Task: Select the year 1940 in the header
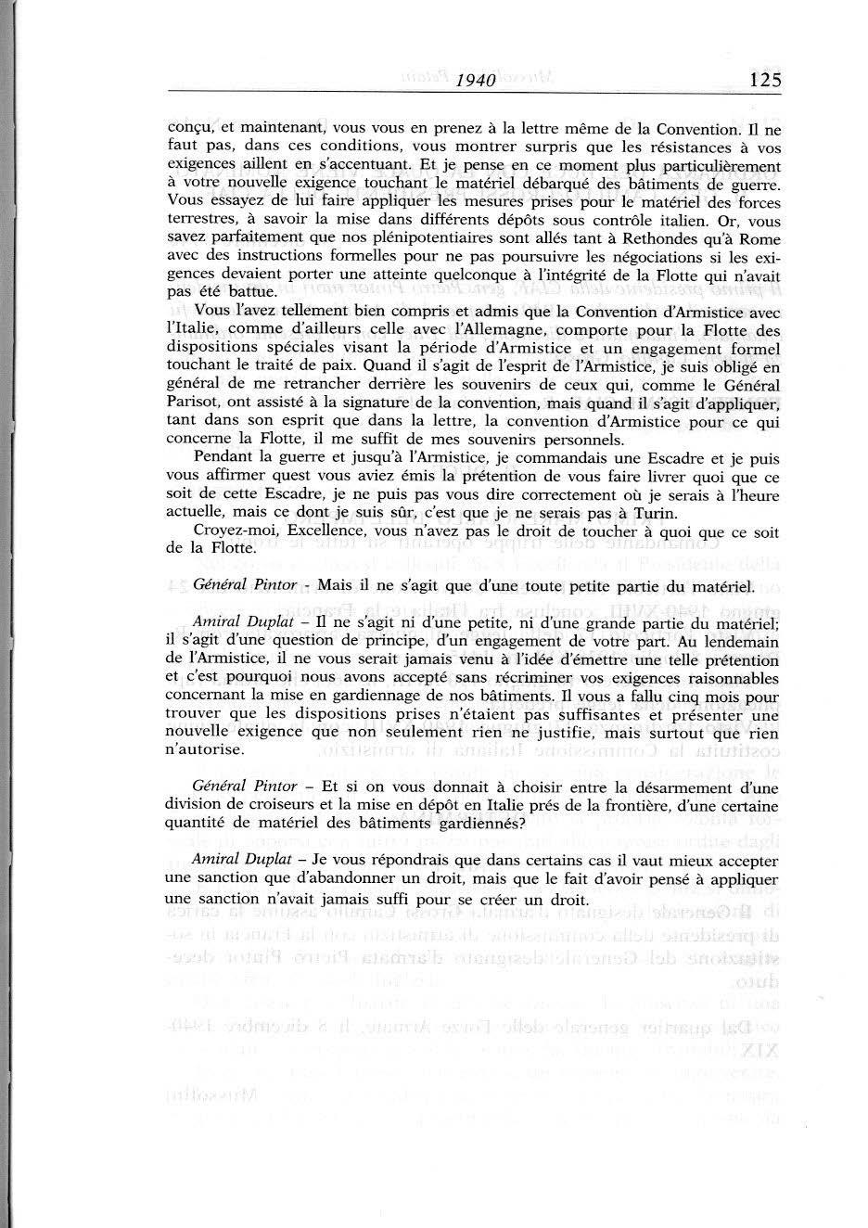pos(475,81)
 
